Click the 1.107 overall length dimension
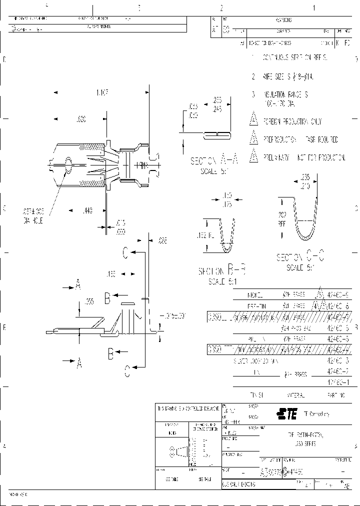tap(102, 92)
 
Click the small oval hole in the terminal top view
tap(68, 163)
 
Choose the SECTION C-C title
tap(300, 257)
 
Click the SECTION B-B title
tap(221, 271)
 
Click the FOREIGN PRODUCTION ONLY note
tap(292, 121)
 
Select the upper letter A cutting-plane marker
tap(78, 285)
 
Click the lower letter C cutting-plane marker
tap(127, 370)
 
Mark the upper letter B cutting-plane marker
tap(107, 298)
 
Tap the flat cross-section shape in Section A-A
tap(216, 134)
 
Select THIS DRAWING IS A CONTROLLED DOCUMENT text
tap(187, 408)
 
